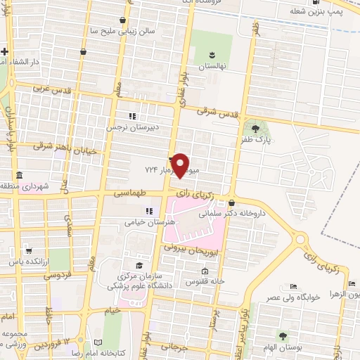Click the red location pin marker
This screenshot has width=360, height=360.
pos(181,165)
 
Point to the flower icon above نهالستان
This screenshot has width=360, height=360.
pos(212,54)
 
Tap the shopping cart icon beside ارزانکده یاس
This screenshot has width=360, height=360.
pos(27,250)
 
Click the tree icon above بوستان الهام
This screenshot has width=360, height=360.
pos(282,336)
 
